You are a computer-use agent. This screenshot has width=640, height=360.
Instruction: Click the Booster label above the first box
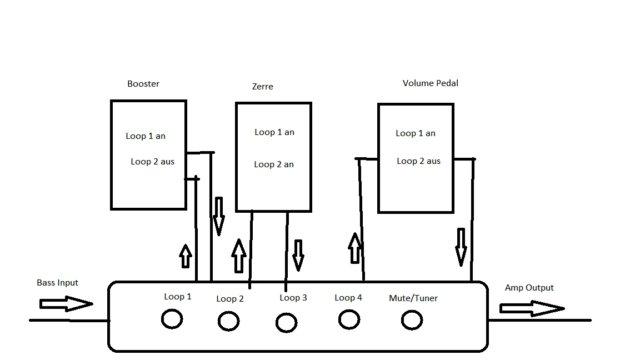pos(143,84)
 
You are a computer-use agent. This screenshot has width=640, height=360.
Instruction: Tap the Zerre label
pos(262,87)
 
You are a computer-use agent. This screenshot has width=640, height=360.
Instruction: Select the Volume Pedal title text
pos(431,83)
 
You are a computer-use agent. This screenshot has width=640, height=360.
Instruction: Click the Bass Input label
pos(57,283)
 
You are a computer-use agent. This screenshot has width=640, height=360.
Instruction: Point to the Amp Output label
pos(529,288)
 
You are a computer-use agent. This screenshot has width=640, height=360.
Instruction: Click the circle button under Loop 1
pos(172,319)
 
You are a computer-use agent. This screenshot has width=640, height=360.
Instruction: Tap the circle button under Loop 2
pos(228,321)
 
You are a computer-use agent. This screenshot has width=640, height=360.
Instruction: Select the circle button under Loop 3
pos(287,322)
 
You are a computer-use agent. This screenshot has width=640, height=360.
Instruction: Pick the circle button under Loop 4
pos(349,319)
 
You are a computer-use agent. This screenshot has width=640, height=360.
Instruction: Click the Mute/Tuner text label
pos(413,298)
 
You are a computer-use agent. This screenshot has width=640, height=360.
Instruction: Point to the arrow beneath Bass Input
pos(66,304)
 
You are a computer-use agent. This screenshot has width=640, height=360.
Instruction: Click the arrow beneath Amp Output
pos(532,308)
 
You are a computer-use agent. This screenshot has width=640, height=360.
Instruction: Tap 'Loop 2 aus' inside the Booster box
pos(153,162)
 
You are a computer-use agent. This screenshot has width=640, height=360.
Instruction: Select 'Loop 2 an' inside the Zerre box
pos(274,164)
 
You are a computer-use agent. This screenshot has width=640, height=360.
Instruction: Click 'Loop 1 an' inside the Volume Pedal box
pos(416,133)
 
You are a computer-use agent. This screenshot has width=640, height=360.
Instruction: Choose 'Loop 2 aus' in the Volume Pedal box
pos(418,161)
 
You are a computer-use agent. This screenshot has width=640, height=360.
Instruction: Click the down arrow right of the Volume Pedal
pos(461,247)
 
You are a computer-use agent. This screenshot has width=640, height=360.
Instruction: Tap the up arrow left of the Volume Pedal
pos(354,248)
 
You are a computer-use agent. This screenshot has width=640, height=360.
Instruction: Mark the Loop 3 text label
pos(293,298)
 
